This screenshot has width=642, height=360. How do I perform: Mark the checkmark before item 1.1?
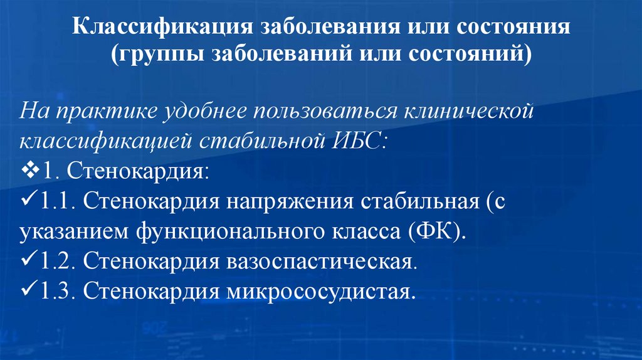[29, 203]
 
